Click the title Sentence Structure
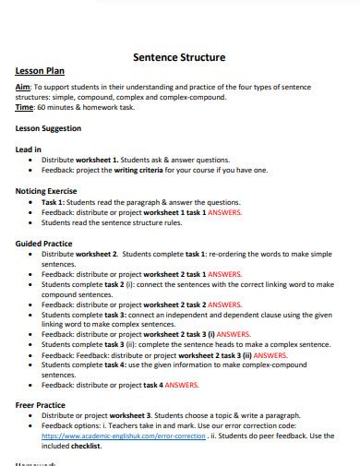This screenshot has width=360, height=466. pos(179,56)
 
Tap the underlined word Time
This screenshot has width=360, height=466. pos(25,107)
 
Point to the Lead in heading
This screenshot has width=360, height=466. pos(29,149)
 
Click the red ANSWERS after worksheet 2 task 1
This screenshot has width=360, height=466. pos(231,274)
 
